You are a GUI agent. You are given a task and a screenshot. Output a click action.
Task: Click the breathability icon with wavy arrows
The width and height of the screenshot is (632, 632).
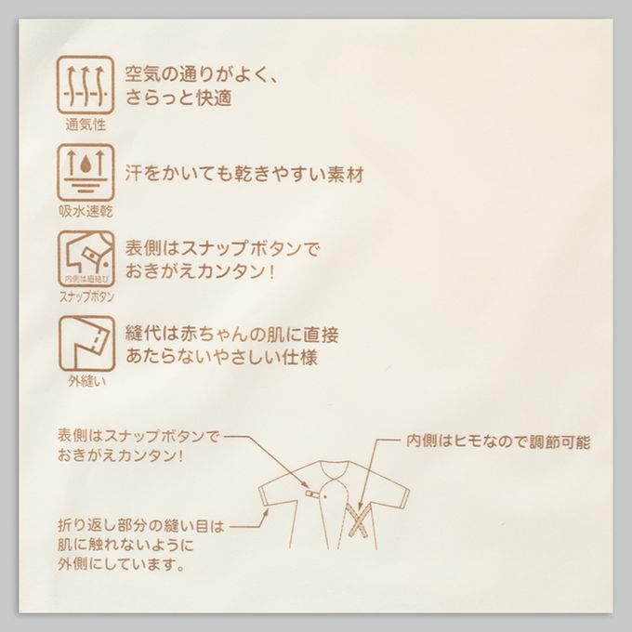tap(86, 86)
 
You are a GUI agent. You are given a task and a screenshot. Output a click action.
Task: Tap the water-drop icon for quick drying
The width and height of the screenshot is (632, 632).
tap(86, 172)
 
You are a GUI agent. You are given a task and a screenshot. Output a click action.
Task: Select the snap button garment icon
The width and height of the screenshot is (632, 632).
tap(86, 258)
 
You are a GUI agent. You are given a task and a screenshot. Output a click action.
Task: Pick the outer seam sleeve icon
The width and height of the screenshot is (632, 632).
tap(86, 343)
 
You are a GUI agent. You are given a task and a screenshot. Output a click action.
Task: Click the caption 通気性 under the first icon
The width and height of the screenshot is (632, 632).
tap(86, 125)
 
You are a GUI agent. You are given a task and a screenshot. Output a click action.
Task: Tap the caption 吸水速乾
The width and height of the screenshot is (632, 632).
tap(86, 211)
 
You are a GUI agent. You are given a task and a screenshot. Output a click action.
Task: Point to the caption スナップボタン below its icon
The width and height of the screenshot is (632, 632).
tap(86, 296)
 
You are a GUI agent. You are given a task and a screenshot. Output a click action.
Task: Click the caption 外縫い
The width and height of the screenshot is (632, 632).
tap(86, 381)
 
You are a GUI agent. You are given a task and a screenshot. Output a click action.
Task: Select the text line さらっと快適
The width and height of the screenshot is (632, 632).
tap(178, 98)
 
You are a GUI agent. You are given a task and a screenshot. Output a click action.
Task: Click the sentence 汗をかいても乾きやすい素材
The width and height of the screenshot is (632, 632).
tap(244, 174)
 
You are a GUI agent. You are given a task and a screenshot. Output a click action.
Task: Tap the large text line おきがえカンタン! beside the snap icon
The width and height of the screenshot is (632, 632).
tap(201, 270)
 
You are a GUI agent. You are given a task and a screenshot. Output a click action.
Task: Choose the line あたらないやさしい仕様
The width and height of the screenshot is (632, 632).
tap(221, 357)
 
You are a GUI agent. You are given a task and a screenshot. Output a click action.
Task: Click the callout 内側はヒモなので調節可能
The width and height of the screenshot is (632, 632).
tap(498, 441)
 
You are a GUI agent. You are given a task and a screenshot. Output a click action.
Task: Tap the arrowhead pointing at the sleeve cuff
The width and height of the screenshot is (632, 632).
tap(267, 512)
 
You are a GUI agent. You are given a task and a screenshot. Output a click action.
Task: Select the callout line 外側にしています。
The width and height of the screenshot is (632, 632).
tap(121, 565)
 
